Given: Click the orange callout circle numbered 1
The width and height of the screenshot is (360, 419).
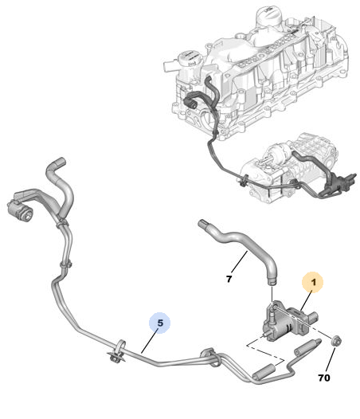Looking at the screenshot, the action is click(x=312, y=282).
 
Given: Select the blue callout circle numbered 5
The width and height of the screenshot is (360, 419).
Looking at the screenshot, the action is click(x=159, y=323).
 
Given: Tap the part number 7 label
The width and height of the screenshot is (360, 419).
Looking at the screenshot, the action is click(x=229, y=280).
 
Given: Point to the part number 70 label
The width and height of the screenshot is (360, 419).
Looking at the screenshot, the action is click(x=324, y=378).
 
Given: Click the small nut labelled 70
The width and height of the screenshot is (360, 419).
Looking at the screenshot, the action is click(x=335, y=341).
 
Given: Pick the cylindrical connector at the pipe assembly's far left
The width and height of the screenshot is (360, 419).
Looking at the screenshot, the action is click(x=20, y=210).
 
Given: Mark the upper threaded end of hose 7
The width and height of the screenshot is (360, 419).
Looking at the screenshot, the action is click(x=203, y=224).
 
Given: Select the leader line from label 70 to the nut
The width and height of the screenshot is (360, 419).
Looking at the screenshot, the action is click(x=331, y=359).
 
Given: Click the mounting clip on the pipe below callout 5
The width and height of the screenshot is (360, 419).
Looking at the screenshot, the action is click(x=117, y=352).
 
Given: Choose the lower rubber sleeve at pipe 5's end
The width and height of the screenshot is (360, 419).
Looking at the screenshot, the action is click(x=264, y=372).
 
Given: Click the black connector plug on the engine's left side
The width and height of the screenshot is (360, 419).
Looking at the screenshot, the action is click(x=190, y=101).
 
